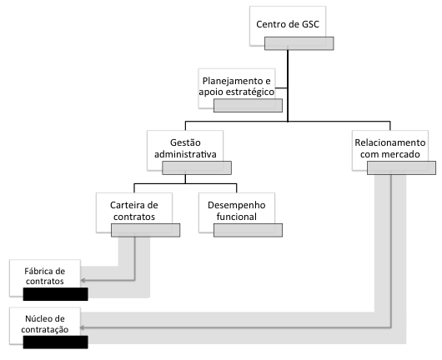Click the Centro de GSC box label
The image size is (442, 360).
click(x=288, y=24)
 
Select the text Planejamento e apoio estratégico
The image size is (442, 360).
click(x=237, y=86)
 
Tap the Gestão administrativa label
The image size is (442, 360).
click(x=185, y=148)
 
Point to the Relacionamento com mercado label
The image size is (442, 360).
click(x=390, y=148)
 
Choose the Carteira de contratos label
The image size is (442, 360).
click(x=134, y=211)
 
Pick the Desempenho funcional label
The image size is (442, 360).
click(x=237, y=211)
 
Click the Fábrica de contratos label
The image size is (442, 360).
click(x=45, y=276)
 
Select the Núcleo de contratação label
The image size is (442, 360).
click(x=45, y=324)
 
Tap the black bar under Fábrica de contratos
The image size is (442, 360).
click(x=56, y=294)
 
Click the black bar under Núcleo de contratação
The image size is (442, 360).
click(x=56, y=342)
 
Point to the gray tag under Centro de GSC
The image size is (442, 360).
click(x=299, y=43)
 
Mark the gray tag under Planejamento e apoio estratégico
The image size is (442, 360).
click(x=248, y=105)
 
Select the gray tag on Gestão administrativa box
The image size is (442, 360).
click(x=197, y=167)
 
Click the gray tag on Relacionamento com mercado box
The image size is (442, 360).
click(x=401, y=167)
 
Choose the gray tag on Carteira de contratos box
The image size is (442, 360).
click(x=145, y=230)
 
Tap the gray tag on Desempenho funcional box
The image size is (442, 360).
click(x=248, y=230)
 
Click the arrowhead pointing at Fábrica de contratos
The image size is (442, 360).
click(x=83, y=280)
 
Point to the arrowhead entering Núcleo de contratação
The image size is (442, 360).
click(x=83, y=327)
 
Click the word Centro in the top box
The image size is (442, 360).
click(x=269, y=24)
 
